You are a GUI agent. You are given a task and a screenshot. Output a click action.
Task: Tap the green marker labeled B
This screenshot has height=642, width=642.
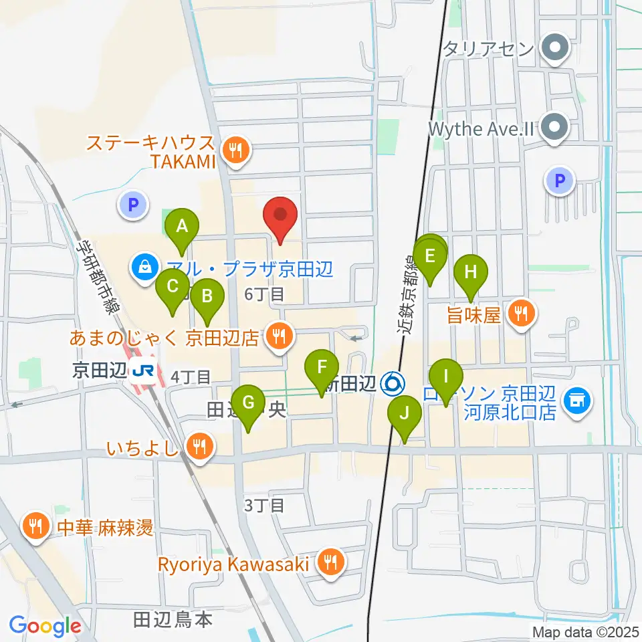pyautogui.click(x=207, y=296)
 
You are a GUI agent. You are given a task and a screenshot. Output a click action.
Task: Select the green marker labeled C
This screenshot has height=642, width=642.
pyautogui.click(x=173, y=288)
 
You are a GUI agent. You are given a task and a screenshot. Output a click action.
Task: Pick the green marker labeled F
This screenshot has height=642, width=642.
pyautogui.click(x=322, y=368)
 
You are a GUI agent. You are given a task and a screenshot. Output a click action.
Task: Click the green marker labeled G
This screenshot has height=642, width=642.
pyautogui.click(x=248, y=403)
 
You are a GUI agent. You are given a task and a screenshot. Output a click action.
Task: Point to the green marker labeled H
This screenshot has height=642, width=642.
pyautogui.click(x=471, y=273)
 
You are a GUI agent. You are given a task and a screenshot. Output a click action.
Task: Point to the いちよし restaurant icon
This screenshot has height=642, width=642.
pyautogui.click(x=199, y=445)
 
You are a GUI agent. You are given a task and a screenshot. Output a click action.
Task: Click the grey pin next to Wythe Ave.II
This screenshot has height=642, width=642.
pyautogui.click(x=554, y=127)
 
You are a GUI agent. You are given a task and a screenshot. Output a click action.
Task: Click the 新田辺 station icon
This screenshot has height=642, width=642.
pyautogui.click(x=393, y=384)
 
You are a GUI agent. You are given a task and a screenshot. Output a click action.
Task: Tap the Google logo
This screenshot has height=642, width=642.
pyautogui.click(x=45, y=627)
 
